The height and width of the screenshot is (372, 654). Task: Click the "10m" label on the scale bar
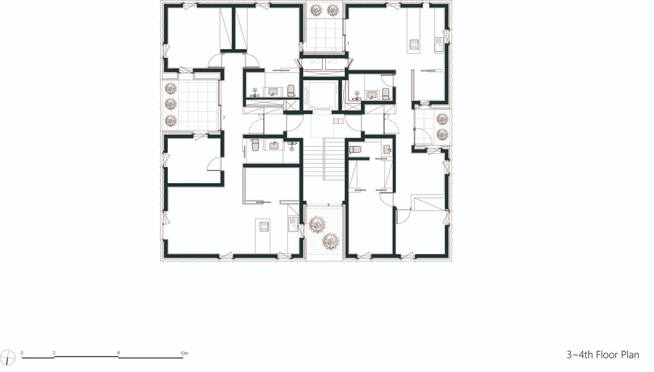[x=184, y=353]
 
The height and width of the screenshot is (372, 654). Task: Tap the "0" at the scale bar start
[x=22, y=353]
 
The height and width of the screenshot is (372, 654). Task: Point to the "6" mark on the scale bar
[x=119, y=353]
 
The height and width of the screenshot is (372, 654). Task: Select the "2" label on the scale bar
[x=54, y=353]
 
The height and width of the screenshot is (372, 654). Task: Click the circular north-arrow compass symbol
[x=8, y=358]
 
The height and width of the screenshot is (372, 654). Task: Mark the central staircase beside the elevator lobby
[x=324, y=160]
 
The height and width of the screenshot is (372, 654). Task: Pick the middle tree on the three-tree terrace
[x=170, y=104]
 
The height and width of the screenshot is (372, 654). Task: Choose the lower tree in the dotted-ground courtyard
[x=330, y=241]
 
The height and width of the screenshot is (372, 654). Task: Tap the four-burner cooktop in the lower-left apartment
[x=264, y=227]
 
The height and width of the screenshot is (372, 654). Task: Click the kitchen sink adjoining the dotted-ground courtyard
[x=293, y=224]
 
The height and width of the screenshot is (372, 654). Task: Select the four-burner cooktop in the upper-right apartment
[x=414, y=44]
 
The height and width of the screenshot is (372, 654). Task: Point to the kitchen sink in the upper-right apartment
[x=439, y=45]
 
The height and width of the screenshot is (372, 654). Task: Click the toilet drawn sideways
[x=355, y=150]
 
